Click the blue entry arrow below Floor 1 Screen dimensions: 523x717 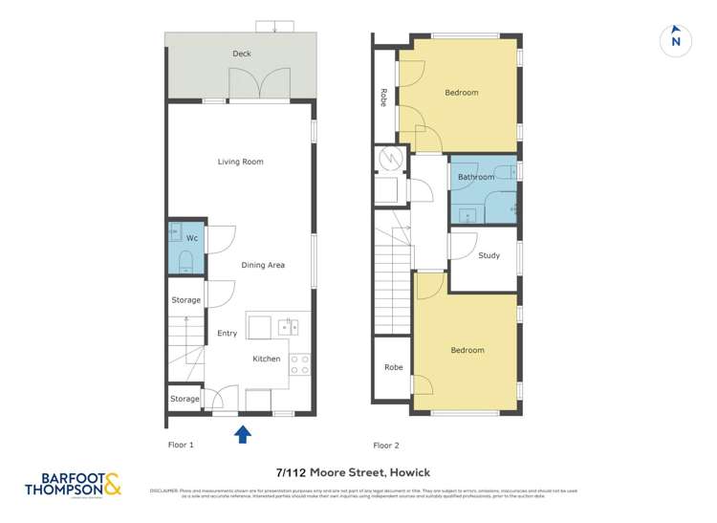[x=243, y=434]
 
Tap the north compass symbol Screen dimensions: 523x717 [x=676, y=40]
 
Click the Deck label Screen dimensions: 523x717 [x=242, y=54]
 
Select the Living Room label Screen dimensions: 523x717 [x=240, y=162]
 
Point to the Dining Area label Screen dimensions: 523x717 [x=263, y=265]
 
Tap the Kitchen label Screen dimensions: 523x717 [x=267, y=359]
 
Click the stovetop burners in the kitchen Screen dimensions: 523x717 [x=299, y=364]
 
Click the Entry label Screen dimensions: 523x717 [x=227, y=334]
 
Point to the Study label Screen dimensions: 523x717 [x=489, y=255]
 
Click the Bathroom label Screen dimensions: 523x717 [x=476, y=177]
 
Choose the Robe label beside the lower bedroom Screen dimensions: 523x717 [x=393, y=367]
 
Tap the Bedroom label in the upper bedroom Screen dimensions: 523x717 [x=462, y=93]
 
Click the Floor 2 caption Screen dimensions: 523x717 [x=386, y=446]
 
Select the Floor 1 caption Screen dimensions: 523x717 [x=181, y=446]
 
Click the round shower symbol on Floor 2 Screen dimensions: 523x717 [x=388, y=159]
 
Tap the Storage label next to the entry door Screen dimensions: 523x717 [x=185, y=399]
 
